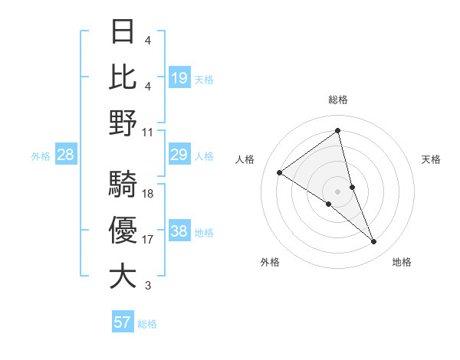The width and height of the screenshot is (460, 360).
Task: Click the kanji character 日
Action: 123,32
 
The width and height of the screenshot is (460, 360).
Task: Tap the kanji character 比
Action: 123,77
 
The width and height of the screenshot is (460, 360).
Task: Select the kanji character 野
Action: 123,123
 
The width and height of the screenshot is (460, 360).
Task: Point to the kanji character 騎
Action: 123,184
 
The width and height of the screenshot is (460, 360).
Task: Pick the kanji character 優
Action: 123,230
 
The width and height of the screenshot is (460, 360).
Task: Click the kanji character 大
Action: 123,276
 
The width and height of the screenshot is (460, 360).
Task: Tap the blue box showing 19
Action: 179,77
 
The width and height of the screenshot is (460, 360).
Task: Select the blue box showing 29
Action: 179,155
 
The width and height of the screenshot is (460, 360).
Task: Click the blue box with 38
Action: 179,232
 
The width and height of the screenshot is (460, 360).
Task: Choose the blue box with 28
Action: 66,155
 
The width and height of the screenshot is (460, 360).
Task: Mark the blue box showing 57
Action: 123,322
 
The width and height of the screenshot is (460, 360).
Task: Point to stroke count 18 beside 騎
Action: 148,194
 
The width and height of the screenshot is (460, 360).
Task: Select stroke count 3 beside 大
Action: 148,286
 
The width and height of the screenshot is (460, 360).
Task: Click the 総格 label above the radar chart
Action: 337,100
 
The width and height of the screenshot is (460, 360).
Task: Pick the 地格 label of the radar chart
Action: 402,262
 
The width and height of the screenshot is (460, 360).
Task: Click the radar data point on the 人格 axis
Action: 280,172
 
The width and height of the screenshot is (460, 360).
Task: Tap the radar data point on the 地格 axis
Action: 374,242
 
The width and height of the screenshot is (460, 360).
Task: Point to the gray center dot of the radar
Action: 337,191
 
